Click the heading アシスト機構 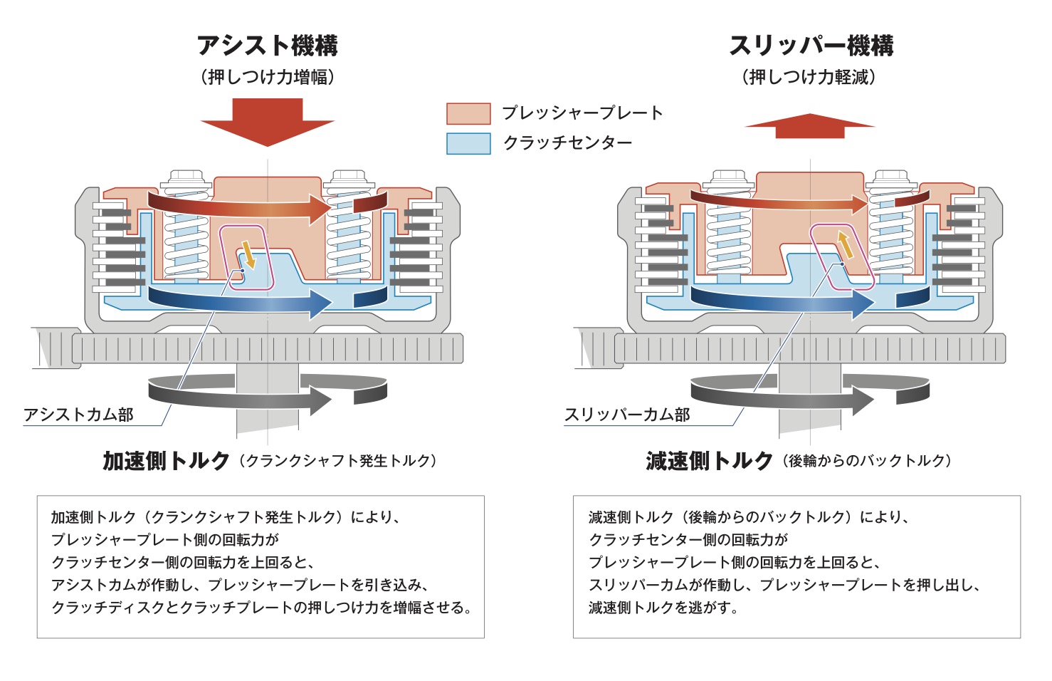click(x=268, y=46)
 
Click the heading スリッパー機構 click(x=811, y=46)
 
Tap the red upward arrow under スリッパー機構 click(x=810, y=125)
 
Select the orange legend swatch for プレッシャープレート click(x=468, y=114)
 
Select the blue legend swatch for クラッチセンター click(x=468, y=143)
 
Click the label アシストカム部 click(x=78, y=415)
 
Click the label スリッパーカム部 click(x=627, y=415)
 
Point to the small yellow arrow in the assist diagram click(x=248, y=254)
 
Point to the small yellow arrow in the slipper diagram click(x=845, y=244)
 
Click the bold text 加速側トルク click(x=166, y=461)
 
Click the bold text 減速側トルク click(x=709, y=461)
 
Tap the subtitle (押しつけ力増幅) click(x=268, y=77)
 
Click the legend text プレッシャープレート click(x=582, y=113)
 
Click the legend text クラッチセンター click(x=567, y=143)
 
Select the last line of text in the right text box click(x=663, y=608)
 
